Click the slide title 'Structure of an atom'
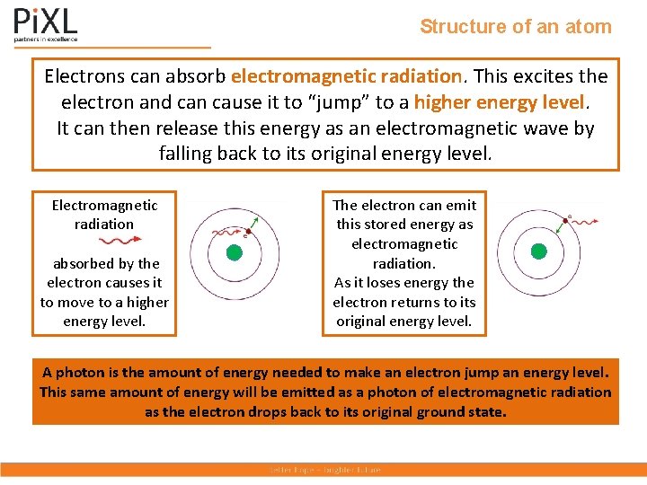pyautogui.click(x=515, y=27)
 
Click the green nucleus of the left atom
pyautogui.click(x=234, y=252)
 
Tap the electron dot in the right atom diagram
pyautogui.click(x=568, y=216)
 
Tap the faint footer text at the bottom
pyautogui.click(x=324, y=470)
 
